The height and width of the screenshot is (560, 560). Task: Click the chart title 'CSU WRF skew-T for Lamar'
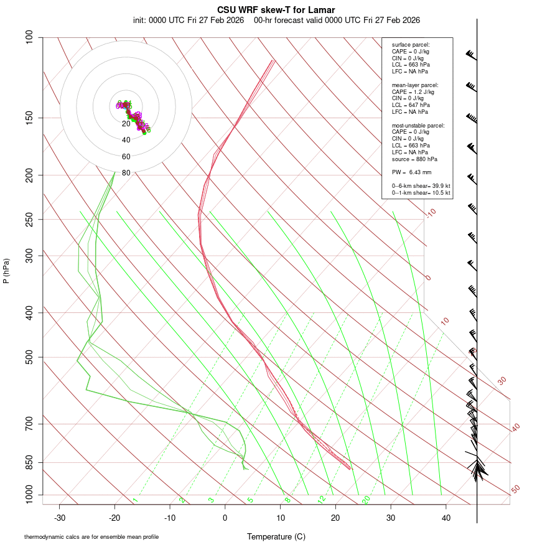point(276,10)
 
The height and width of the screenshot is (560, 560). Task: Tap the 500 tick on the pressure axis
point(29,357)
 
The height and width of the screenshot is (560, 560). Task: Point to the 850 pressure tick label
point(29,462)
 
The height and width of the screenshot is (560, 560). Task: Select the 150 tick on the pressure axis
point(29,118)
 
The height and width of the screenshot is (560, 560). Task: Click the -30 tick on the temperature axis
point(60,518)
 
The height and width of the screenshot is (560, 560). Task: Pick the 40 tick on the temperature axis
point(446,518)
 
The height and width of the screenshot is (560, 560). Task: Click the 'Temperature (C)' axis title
point(276,536)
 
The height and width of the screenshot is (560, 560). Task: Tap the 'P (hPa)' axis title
point(6,271)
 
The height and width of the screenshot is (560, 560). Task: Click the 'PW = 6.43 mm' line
point(411,172)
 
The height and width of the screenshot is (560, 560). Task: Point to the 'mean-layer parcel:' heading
point(415,85)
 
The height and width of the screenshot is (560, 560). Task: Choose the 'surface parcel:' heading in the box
point(411,45)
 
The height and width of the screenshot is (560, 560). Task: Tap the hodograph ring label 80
point(126,173)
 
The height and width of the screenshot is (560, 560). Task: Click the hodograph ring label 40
point(126,140)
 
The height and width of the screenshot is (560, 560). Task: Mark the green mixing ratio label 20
point(366,500)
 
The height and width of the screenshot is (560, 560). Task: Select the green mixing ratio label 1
point(135,500)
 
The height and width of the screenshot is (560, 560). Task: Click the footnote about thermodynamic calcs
point(91,537)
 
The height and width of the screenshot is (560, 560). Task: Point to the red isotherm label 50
point(515,490)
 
